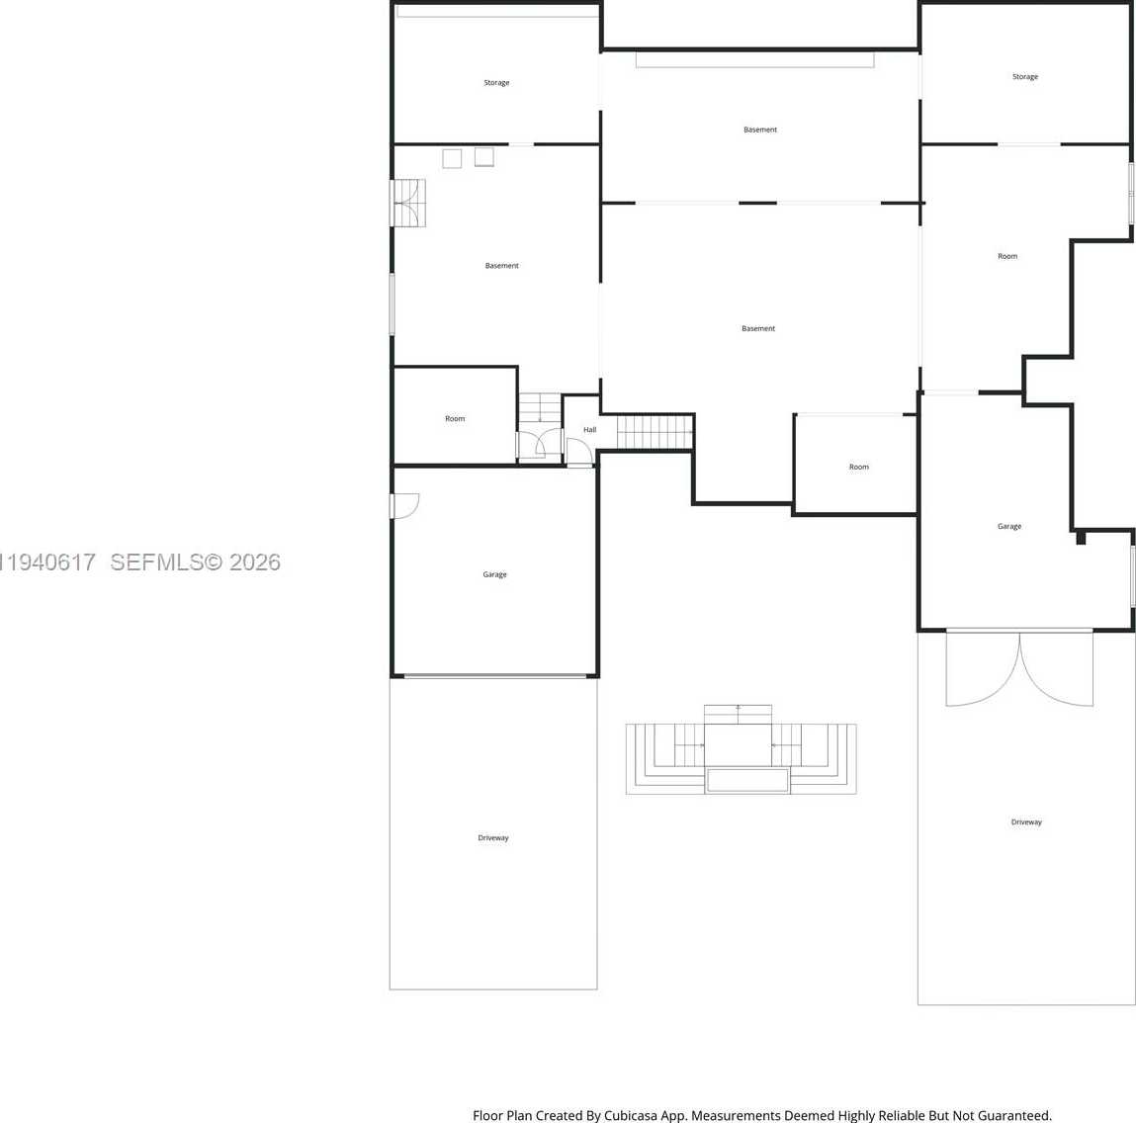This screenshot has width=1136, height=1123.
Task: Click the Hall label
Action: pyautogui.click(x=589, y=430)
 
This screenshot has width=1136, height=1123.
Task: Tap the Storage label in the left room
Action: pyautogui.click(x=496, y=83)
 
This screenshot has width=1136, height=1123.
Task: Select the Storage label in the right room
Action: pyautogui.click(x=1025, y=76)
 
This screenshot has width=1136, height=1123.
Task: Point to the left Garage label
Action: pyautogui.click(x=494, y=574)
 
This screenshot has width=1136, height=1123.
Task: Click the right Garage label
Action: pyautogui.click(x=1009, y=526)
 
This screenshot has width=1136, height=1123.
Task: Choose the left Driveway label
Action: pyautogui.click(x=493, y=838)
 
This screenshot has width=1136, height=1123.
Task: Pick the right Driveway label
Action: pyautogui.click(x=1026, y=822)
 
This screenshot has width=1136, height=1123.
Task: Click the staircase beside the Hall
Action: pyautogui.click(x=655, y=432)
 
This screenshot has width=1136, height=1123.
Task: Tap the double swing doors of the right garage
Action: pyautogui.click(x=1019, y=669)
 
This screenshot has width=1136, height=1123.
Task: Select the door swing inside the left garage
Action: pyautogui.click(x=405, y=505)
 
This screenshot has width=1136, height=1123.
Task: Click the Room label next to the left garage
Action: pyautogui.click(x=455, y=419)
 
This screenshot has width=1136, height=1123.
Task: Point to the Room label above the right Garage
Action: pyautogui.click(x=1007, y=256)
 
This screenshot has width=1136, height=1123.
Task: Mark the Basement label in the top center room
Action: pyautogui.click(x=760, y=130)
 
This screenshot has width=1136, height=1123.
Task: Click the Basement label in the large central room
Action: pyautogui.click(x=758, y=328)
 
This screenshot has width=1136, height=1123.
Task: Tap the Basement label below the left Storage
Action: pyautogui.click(x=501, y=266)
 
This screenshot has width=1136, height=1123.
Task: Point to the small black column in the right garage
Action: pyautogui.click(x=1081, y=538)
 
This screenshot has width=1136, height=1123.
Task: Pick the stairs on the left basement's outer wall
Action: pyautogui.click(x=408, y=203)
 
